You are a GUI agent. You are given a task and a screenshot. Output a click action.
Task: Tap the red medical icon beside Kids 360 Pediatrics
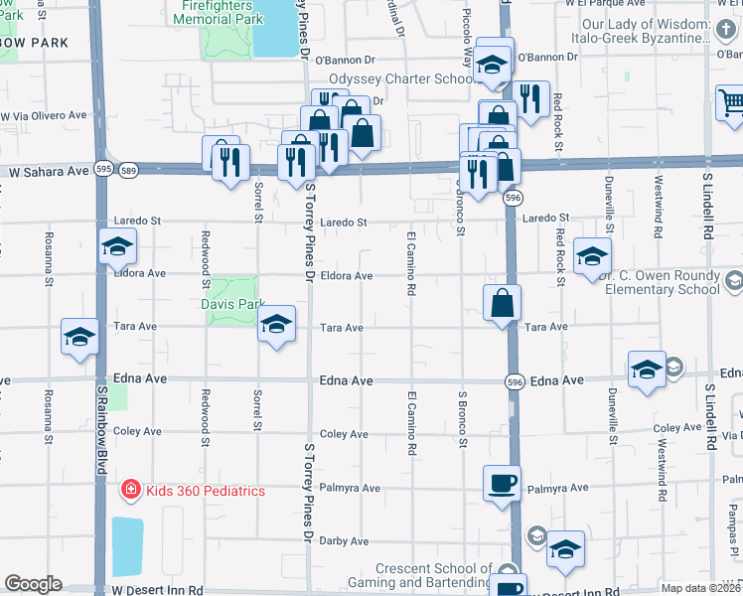click(129, 490)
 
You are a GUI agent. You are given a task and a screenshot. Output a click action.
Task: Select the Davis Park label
click(233, 304)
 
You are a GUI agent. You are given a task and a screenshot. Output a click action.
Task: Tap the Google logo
click(32, 584)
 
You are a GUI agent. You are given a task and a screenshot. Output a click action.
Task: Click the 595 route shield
click(102, 172)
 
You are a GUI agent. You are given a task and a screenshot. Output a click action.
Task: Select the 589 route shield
click(127, 172)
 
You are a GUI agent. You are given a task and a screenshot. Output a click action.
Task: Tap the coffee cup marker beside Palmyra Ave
click(502, 483)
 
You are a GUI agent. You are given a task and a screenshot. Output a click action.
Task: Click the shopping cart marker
click(731, 102)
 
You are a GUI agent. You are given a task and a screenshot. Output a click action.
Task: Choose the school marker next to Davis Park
click(276, 323)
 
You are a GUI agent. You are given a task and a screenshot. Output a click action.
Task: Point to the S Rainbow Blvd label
click(101, 418)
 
